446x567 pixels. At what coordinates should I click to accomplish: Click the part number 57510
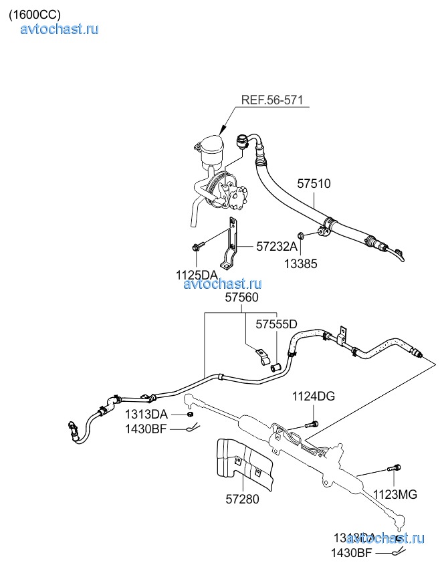pyautogui.click(x=314, y=183)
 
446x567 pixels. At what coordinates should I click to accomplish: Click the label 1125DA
pyautogui.click(x=197, y=274)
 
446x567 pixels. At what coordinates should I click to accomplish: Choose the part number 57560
pyautogui.click(x=241, y=298)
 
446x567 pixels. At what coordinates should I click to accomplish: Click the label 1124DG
pyautogui.click(x=313, y=397)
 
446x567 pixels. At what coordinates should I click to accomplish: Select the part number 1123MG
pyautogui.click(x=395, y=494)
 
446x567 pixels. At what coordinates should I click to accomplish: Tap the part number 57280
pyautogui.click(x=242, y=499)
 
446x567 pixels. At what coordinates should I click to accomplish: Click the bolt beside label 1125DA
pyautogui.click(x=196, y=248)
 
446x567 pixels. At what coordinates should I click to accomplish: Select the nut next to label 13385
pyautogui.click(x=302, y=235)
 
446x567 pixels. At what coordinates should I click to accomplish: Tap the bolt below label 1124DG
pyautogui.click(x=312, y=423)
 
